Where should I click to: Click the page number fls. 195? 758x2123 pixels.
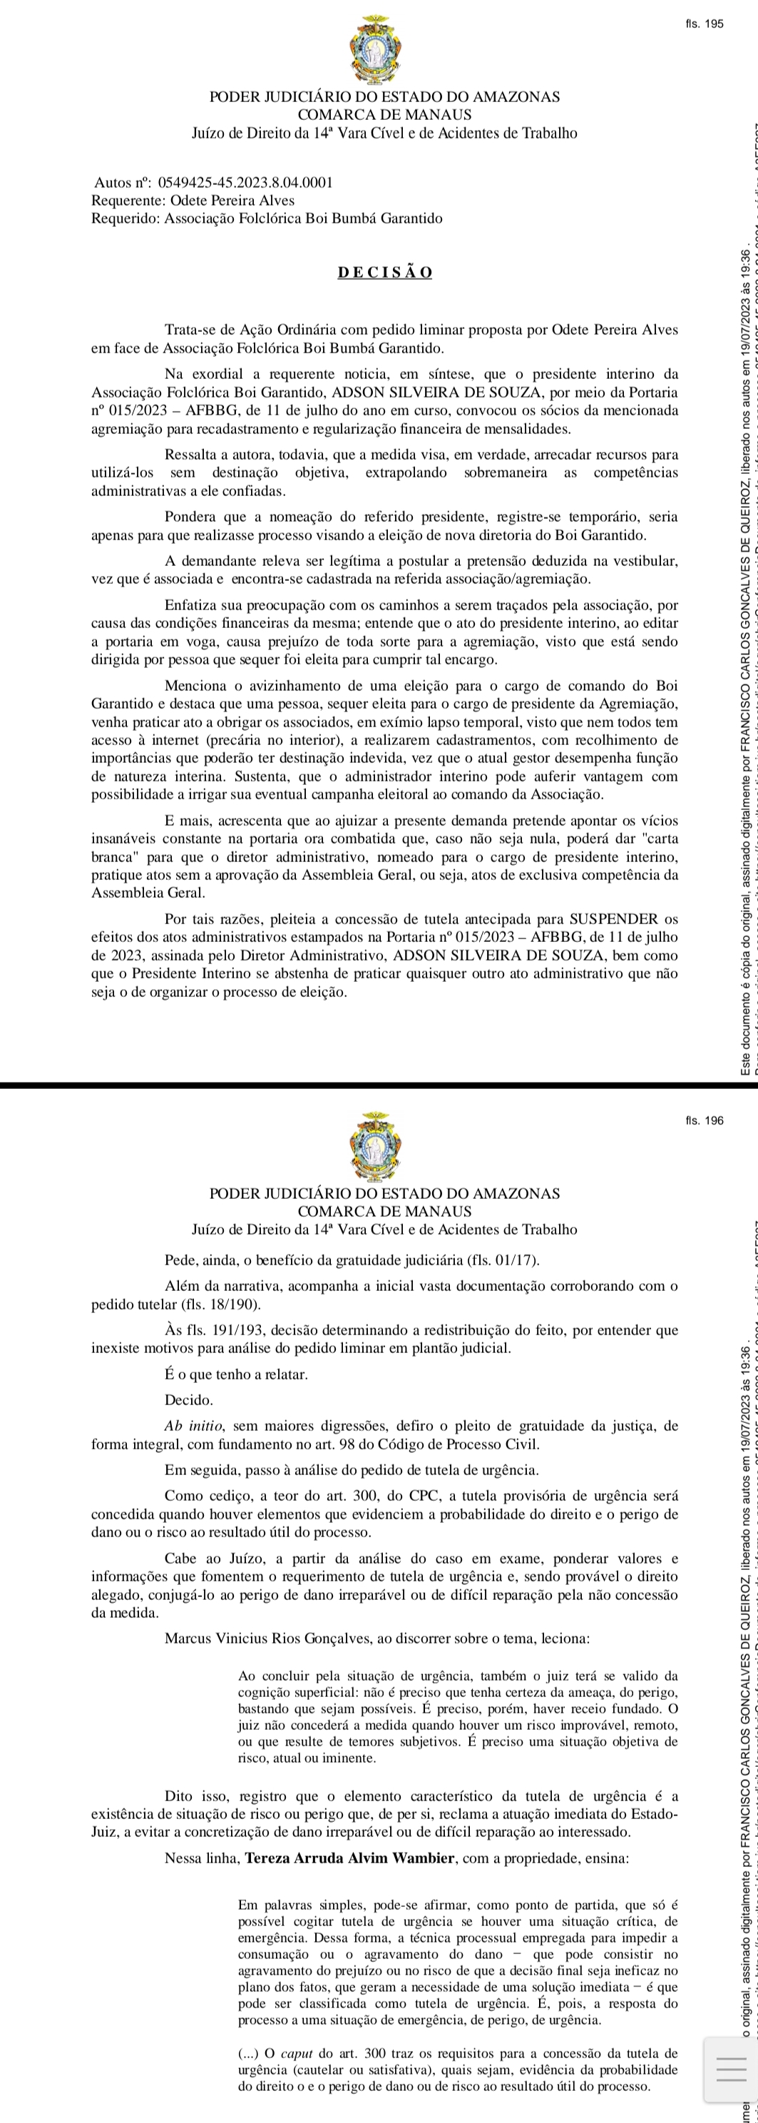tap(704, 24)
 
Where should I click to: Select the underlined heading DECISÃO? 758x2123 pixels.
tap(385, 273)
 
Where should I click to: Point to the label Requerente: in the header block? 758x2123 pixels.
tap(128, 201)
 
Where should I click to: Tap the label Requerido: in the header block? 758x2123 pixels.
tap(126, 218)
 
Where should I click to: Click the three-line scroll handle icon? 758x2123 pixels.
tap(730, 2070)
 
